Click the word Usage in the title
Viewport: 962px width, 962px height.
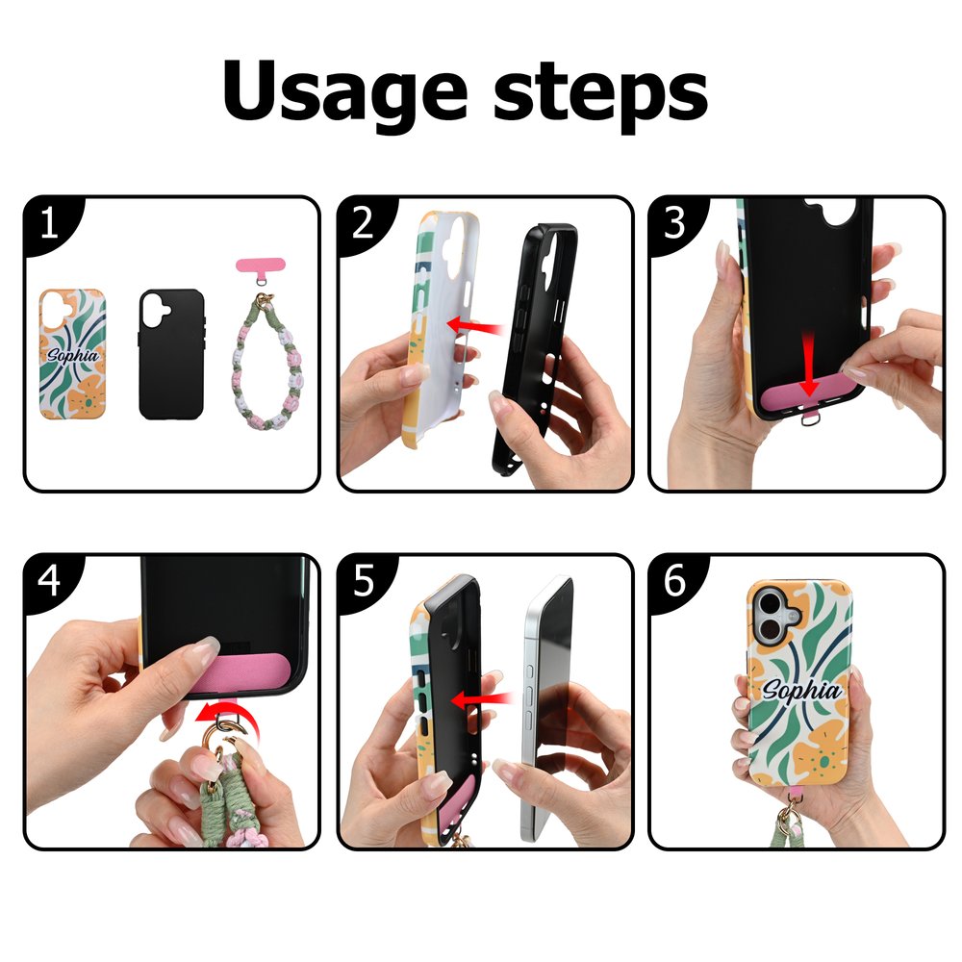[x=345, y=93]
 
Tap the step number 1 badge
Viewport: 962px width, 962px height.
[x=49, y=223]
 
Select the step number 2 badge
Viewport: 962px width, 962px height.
[x=363, y=223]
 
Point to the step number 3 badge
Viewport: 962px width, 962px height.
[x=674, y=223]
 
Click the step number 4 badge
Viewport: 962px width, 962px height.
[x=49, y=580]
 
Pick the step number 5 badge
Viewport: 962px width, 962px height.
[x=363, y=580]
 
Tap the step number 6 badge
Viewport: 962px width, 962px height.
[x=674, y=580]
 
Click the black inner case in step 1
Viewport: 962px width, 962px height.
[x=172, y=354]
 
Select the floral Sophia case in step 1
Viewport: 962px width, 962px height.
[x=72, y=354]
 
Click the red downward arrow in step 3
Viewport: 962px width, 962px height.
[x=809, y=364]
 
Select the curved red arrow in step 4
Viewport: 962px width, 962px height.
[x=226, y=719]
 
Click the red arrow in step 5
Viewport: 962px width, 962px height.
[x=482, y=700]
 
